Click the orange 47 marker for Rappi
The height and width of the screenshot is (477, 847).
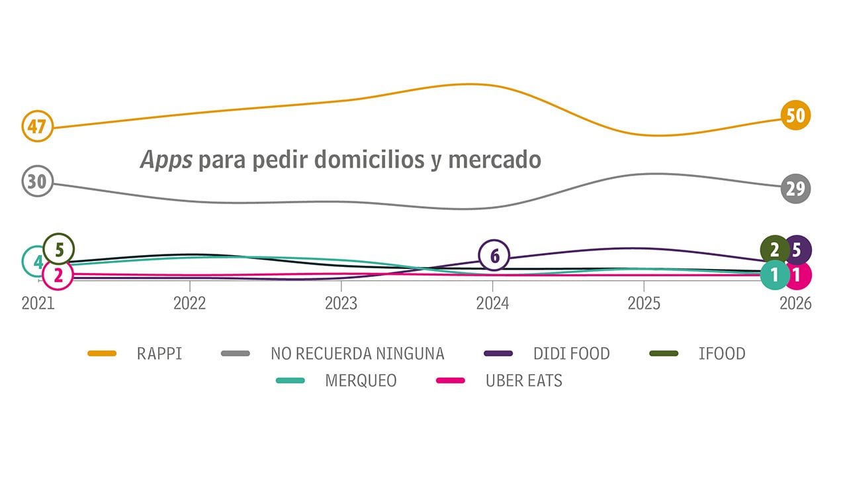[37, 126]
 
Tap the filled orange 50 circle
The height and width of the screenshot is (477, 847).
[795, 116]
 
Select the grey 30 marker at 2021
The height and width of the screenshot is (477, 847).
[37, 182]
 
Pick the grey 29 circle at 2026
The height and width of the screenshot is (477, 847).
[795, 189]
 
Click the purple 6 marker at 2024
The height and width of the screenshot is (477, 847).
[493, 255]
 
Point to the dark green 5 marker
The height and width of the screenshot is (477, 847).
[59, 250]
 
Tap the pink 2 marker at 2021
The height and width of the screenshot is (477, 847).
[58, 275]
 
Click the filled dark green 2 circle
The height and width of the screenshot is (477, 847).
[775, 250]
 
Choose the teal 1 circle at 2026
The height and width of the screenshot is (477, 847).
[775, 274]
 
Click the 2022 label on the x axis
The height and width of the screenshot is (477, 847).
[190, 303]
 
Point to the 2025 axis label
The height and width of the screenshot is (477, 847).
[644, 303]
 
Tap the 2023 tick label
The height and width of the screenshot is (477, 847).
[341, 303]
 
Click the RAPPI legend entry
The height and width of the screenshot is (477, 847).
[159, 354]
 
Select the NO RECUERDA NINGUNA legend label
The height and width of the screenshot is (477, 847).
[357, 354]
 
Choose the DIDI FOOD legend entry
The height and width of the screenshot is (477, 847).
[571, 354]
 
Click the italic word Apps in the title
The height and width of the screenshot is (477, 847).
[167, 160]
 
